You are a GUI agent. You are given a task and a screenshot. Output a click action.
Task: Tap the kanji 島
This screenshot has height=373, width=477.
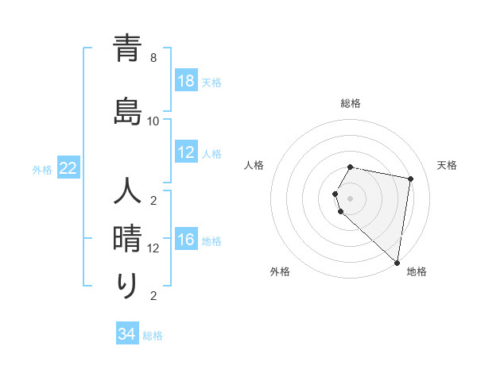[127, 108]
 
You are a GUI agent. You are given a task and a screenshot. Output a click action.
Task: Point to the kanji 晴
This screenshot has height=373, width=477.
[127, 238]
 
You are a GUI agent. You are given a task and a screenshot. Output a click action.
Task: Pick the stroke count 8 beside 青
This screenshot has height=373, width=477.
[153, 58]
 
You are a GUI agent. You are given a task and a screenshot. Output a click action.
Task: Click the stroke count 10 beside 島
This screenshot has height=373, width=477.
[153, 121]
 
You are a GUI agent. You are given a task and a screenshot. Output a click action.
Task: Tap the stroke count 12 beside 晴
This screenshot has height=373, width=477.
[153, 248]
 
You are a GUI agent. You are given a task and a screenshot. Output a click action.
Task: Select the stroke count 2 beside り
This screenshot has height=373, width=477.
[153, 296]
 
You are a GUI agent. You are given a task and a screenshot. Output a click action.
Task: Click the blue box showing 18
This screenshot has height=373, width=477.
[185, 81]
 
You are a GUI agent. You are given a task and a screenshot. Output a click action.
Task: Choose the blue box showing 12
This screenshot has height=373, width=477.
[185, 153]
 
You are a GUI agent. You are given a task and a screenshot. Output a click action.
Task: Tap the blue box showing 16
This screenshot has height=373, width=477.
[185, 240]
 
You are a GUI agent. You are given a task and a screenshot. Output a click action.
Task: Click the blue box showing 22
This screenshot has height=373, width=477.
[68, 168]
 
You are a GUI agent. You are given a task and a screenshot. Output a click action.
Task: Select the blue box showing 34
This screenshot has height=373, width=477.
[126, 334]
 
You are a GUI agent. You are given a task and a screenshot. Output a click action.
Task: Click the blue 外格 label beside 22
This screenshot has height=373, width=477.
[42, 169]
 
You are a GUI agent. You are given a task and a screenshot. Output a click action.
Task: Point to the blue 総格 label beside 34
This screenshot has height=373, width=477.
[153, 336]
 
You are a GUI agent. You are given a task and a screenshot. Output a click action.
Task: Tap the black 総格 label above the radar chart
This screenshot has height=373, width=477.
[351, 103]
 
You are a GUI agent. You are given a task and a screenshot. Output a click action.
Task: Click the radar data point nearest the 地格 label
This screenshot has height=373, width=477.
[397, 262]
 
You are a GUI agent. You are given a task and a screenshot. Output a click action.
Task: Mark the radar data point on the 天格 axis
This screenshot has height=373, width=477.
[410, 179]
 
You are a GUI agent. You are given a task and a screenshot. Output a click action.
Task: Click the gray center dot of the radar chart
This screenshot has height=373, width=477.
[351, 198]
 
